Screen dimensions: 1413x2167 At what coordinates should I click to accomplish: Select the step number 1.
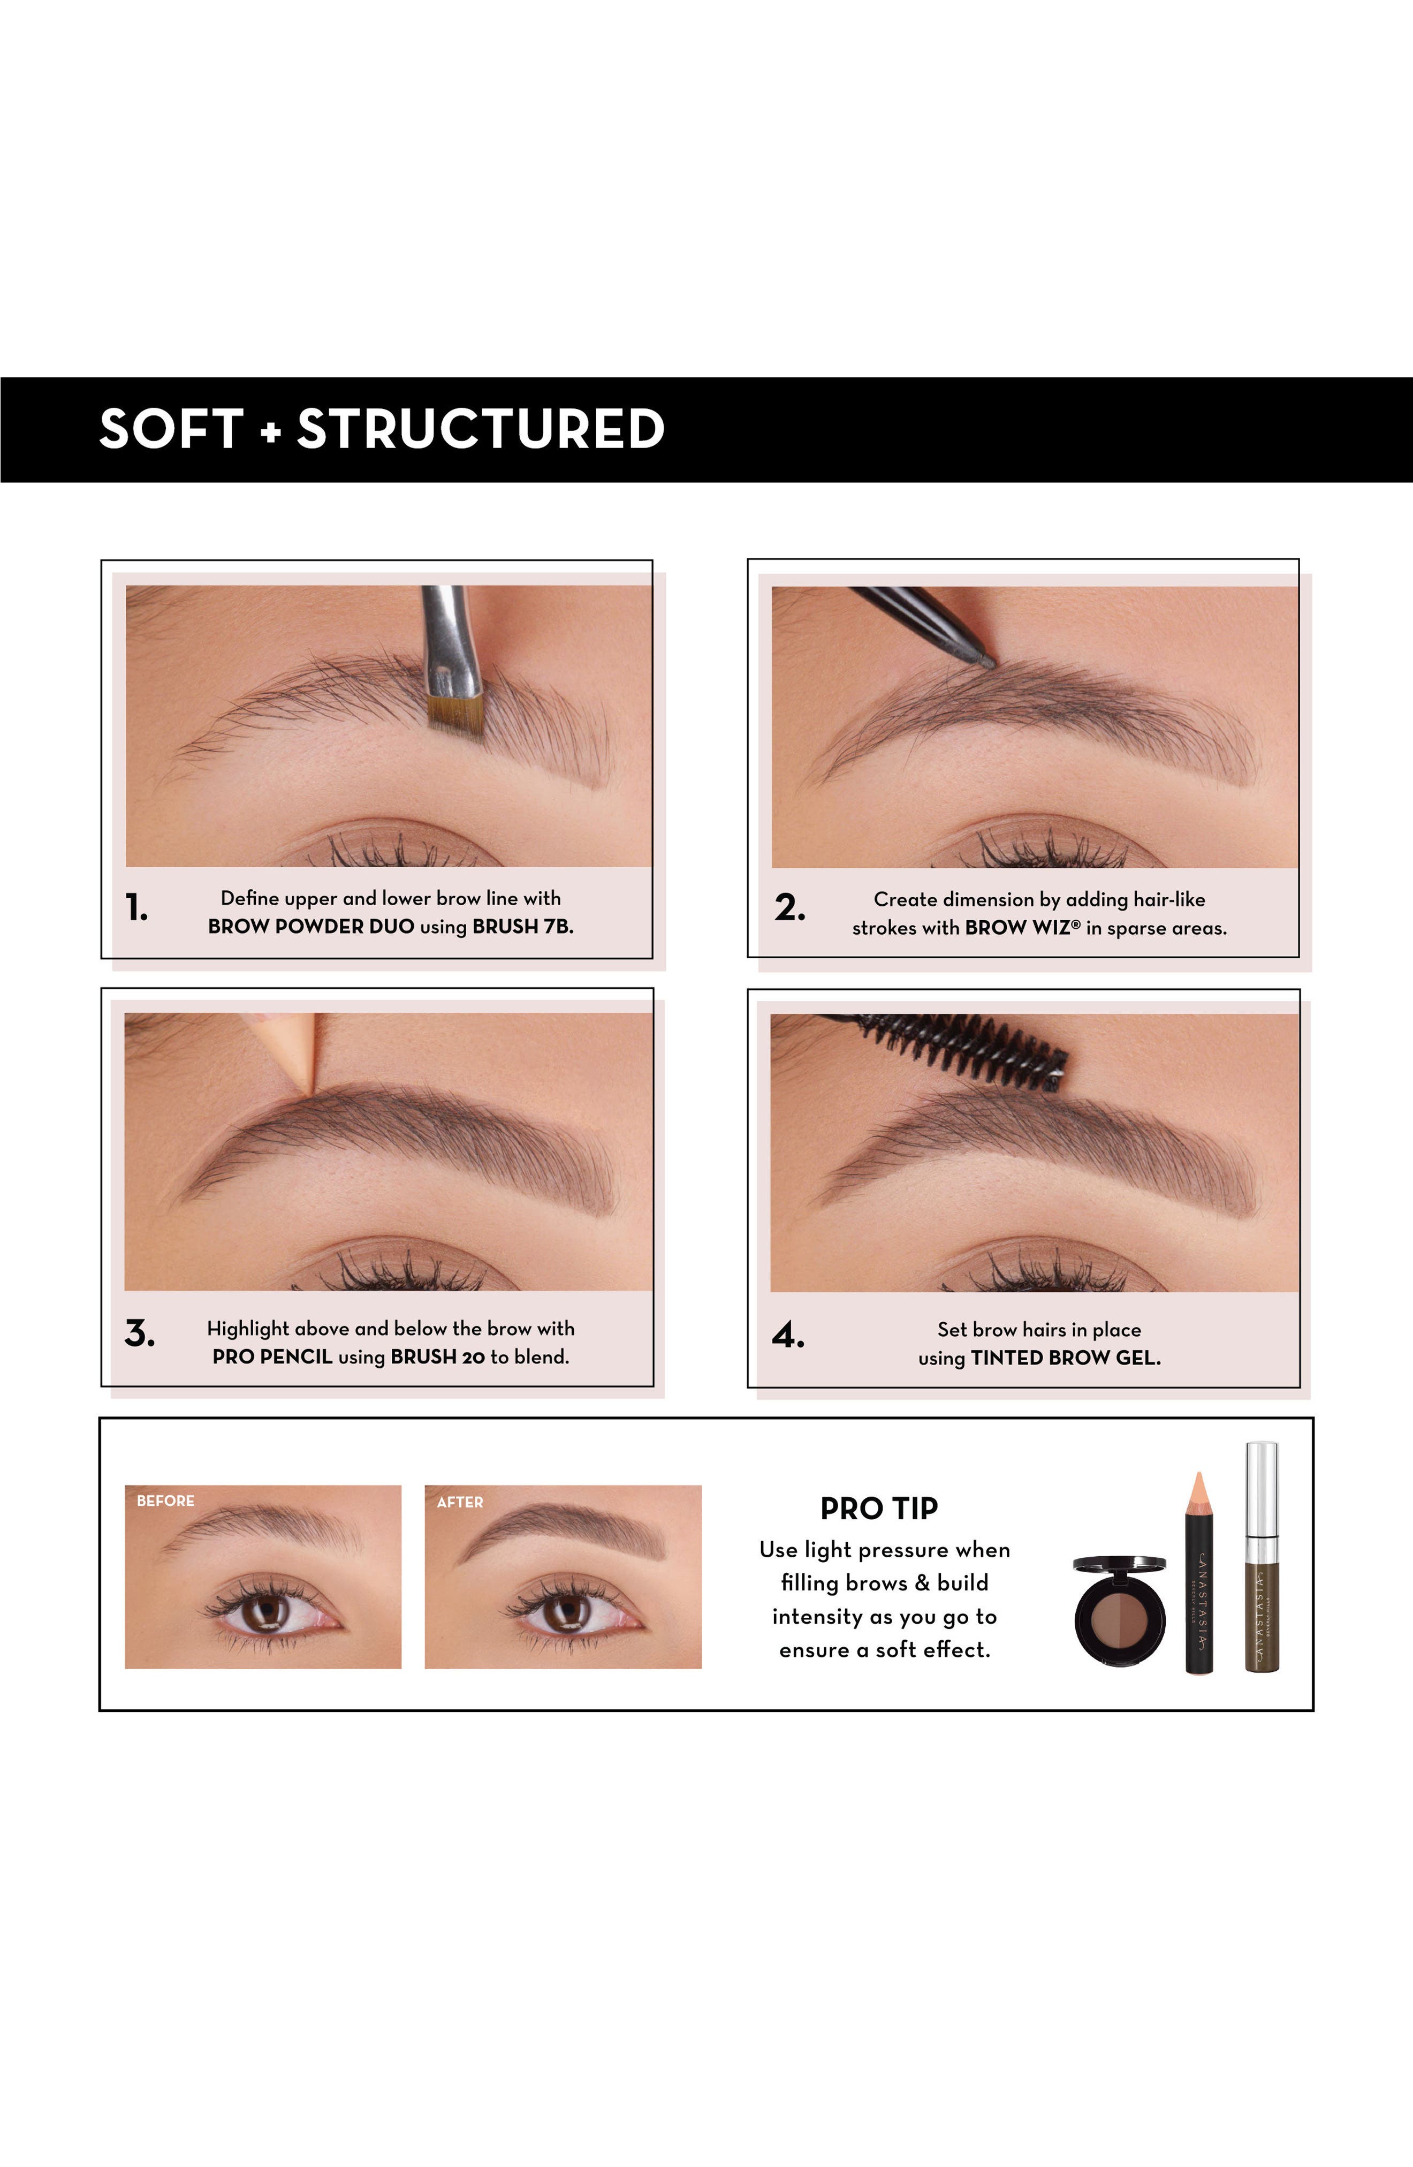[136, 908]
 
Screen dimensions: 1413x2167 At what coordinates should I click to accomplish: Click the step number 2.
[789, 908]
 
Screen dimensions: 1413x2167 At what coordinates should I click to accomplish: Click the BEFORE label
[166, 1501]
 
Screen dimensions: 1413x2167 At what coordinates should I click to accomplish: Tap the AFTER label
[460, 1502]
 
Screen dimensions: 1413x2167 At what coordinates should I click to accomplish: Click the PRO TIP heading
[878, 1509]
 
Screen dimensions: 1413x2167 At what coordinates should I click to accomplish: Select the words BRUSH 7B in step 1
[522, 927]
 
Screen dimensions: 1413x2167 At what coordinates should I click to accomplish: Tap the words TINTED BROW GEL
[1065, 1358]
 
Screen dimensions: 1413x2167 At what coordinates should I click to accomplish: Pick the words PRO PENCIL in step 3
[272, 1357]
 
